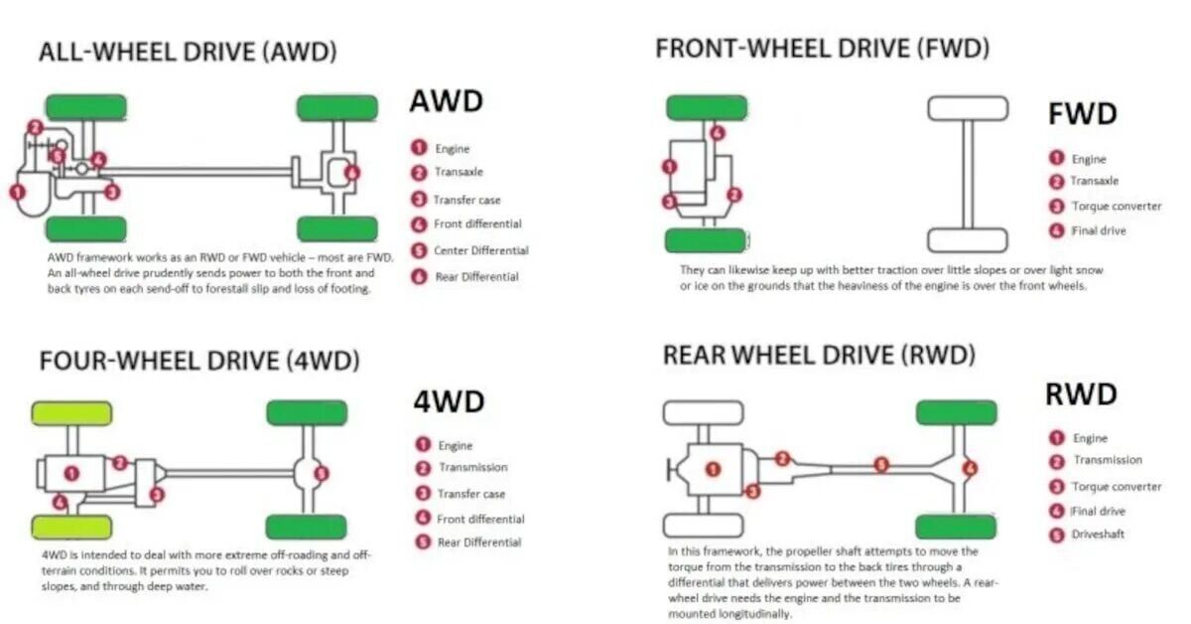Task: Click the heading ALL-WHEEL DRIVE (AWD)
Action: point(188,53)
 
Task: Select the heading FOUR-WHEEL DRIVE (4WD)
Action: point(198,361)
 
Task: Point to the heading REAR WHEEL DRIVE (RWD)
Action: point(819,354)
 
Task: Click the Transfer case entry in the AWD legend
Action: point(466,200)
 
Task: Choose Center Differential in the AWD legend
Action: point(480,250)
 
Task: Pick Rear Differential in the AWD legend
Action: point(476,276)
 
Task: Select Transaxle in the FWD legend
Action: point(1094,181)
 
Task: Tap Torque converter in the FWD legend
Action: point(1116,207)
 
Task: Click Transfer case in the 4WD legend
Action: point(471,494)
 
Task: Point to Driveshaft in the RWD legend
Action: point(1099,535)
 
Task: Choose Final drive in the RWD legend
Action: point(1099,512)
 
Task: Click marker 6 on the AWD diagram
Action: point(352,172)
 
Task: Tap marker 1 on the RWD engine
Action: point(713,468)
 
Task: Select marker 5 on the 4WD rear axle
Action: point(321,474)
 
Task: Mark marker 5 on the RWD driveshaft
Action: point(880,464)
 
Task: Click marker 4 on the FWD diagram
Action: point(718,133)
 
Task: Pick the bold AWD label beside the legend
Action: point(446,101)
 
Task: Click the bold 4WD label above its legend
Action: point(449,402)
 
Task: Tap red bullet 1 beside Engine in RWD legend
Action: point(1056,438)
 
